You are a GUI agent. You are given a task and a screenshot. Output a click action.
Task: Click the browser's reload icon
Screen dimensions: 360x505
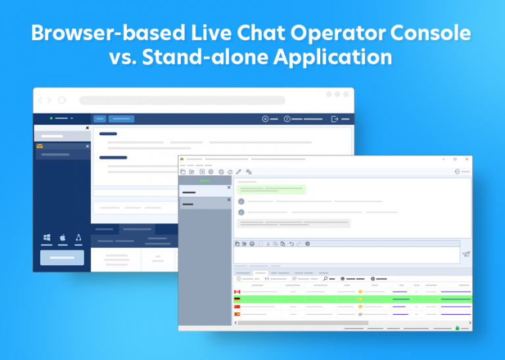click(62, 101)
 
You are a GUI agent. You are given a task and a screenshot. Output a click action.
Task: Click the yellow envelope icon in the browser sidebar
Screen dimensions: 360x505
click(40, 146)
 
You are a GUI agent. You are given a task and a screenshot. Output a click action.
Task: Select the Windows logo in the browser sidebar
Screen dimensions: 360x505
click(47, 237)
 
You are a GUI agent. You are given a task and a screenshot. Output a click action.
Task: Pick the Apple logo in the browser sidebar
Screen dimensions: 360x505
click(63, 237)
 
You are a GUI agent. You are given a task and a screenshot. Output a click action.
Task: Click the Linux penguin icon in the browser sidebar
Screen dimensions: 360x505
click(79, 237)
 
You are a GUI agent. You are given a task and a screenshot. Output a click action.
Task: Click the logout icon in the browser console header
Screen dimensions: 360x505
click(335, 119)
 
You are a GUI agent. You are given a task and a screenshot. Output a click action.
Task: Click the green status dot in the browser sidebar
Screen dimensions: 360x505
click(51, 118)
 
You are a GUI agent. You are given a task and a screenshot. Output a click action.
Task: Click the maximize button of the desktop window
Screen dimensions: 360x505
click(455, 159)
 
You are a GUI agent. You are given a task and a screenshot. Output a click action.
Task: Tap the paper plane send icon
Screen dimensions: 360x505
click(466, 254)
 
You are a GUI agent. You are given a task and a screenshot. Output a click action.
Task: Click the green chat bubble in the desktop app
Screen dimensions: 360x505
click(271, 189)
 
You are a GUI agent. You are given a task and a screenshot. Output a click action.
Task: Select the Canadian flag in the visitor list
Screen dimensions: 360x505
click(237, 292)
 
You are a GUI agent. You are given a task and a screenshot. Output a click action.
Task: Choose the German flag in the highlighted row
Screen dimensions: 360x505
click(237, 299)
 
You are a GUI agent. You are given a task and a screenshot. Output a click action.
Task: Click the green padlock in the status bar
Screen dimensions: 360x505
click(457, 327)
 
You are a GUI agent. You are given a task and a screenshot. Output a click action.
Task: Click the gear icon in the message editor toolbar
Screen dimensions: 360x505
click(307, 244)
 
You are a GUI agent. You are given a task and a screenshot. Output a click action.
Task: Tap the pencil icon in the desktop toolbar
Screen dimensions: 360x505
click(239, 171)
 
